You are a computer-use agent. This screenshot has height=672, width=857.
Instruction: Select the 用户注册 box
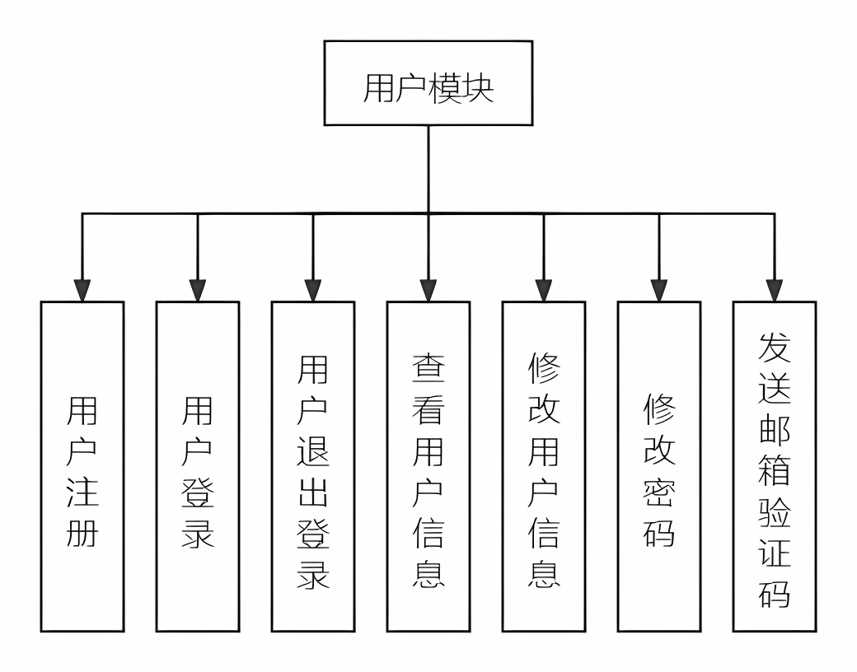82,466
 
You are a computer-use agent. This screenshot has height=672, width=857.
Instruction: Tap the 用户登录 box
198,466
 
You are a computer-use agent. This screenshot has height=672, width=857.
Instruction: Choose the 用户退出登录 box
313,466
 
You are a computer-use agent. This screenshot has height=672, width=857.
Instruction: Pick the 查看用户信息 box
428,466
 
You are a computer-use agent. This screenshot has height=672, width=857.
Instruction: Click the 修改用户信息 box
544,466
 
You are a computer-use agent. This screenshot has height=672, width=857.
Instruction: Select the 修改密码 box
659,466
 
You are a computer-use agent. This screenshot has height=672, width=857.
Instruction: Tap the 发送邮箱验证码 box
775,466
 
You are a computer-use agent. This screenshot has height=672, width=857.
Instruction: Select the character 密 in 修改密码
659,492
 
